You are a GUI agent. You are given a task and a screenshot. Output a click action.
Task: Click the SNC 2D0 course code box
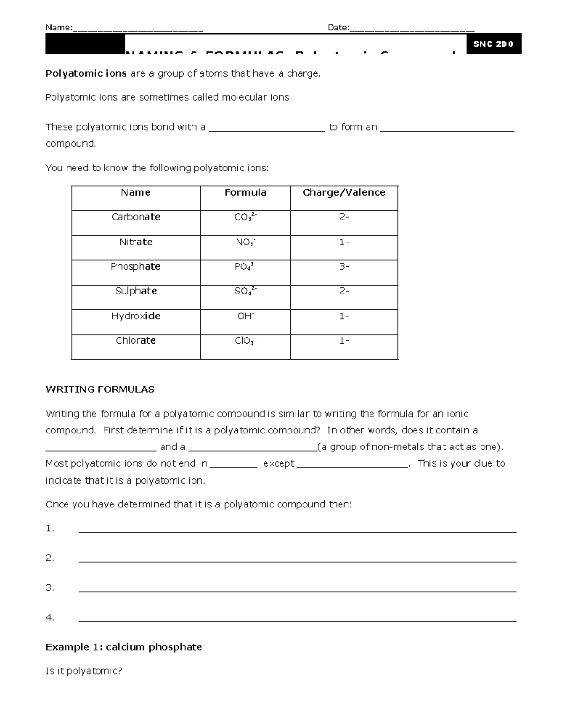pos(494,44)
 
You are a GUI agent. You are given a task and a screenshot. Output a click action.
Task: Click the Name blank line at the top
pos(138,29)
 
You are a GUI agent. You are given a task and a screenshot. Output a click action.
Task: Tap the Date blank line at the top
pos(412,29)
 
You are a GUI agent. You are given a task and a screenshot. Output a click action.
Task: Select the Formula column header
pos(245,192)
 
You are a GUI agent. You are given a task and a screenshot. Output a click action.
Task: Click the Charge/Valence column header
pos(344,192)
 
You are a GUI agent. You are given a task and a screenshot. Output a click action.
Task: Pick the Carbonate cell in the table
pos(136,217)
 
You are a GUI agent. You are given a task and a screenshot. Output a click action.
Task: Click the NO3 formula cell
pos(245,242)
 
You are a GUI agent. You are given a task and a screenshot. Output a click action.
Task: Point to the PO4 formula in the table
pos(245,267)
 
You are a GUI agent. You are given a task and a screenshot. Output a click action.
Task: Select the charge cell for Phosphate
pos(344,266)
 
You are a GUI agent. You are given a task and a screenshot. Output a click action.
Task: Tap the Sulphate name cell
pos(136,291)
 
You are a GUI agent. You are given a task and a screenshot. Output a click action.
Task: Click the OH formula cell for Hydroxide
pos(245,316)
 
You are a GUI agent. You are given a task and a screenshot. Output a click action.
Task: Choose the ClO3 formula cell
pos(245,341)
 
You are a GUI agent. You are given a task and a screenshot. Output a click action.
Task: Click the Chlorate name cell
pos(136,341)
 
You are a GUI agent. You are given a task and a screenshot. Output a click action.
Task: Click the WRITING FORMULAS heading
pos(100,389)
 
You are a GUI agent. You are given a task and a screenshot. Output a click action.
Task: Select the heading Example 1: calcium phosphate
pos(124,647)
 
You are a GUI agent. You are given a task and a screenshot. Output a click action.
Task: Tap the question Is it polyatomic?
pos(83,671)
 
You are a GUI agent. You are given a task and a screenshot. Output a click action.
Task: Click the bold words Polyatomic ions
pos(86,73)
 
